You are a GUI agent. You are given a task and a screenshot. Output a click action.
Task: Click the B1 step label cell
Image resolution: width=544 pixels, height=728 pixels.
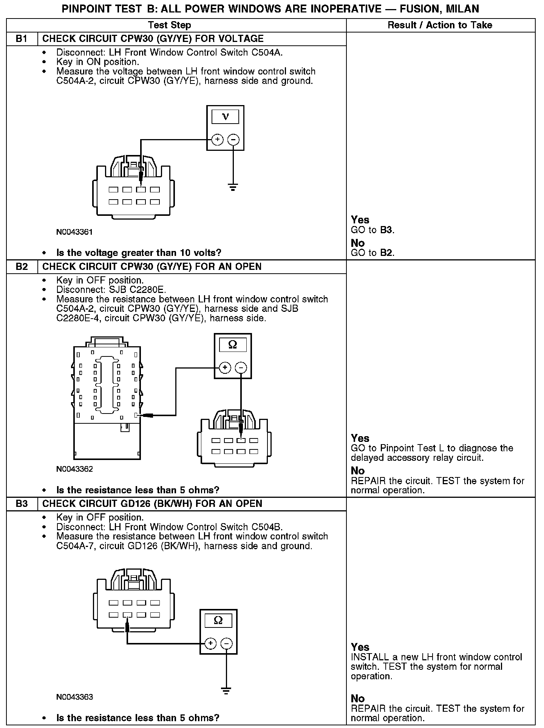pos(22,39)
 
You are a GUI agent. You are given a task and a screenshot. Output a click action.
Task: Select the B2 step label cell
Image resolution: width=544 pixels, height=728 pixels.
pos(22,267)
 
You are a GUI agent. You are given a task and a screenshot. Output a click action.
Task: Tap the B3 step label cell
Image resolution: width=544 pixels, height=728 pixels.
pos(22,504)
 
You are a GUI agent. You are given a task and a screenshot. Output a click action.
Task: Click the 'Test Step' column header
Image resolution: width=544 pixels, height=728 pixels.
pos(170,25)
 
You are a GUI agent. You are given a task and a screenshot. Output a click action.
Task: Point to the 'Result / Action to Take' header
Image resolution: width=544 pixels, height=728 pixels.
pos(440,25)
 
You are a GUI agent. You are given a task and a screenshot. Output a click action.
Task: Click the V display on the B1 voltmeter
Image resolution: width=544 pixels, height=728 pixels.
pos(225,117)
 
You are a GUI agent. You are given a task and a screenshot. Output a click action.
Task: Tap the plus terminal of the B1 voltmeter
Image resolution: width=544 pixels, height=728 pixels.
pos(217,140)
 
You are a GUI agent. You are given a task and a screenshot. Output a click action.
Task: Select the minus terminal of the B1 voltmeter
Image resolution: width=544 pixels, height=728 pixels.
pos(233,140)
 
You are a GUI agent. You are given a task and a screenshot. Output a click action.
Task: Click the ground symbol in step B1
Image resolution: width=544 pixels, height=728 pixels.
pos(233,187)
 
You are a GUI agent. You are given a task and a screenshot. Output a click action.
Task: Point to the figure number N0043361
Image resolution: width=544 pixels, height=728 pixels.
pos(74,232)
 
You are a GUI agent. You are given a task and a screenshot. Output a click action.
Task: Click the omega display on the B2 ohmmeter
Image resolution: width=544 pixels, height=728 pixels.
pos(233,345)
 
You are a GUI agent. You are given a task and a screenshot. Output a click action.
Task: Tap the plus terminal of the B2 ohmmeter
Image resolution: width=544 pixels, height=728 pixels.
pos(225,367)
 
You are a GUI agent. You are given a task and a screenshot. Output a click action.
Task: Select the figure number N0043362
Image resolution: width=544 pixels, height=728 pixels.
pos(74,469)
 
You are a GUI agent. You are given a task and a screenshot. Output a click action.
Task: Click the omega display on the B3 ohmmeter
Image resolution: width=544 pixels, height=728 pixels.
pos(218,620)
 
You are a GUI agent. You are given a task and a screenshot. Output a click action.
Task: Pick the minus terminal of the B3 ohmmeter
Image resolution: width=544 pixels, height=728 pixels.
pos(227,643)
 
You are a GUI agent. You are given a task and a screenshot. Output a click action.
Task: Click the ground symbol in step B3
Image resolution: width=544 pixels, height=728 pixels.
pos(226,691)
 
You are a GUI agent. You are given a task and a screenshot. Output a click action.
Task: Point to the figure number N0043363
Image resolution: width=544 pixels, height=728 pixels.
pos(74,697)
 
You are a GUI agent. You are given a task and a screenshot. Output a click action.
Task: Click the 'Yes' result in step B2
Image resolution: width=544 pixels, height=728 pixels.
pos(360,438)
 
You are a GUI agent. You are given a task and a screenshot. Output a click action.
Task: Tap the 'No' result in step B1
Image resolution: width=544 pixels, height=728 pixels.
pos(357,243)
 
